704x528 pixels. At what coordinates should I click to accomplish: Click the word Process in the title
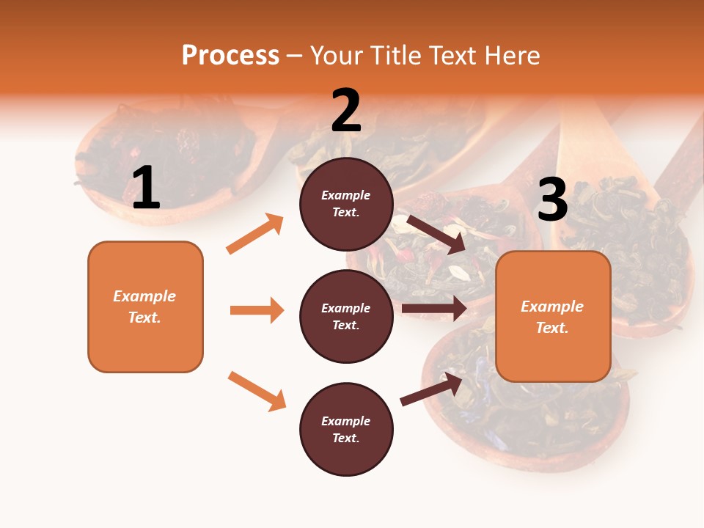point(230,56)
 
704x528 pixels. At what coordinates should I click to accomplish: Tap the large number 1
point(146,188)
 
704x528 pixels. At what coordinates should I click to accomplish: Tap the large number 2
point(346,111)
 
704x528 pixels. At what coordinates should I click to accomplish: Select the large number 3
point(552,199)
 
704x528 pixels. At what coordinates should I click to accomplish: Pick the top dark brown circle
point(346,183)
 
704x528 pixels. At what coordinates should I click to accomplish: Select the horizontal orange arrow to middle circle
point(257,310)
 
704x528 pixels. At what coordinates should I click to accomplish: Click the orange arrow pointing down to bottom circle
point(257,391)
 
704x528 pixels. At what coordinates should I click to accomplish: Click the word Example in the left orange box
point(144,296)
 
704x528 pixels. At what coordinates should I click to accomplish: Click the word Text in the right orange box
point(551,328)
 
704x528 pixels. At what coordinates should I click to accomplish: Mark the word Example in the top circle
point(346,195)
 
